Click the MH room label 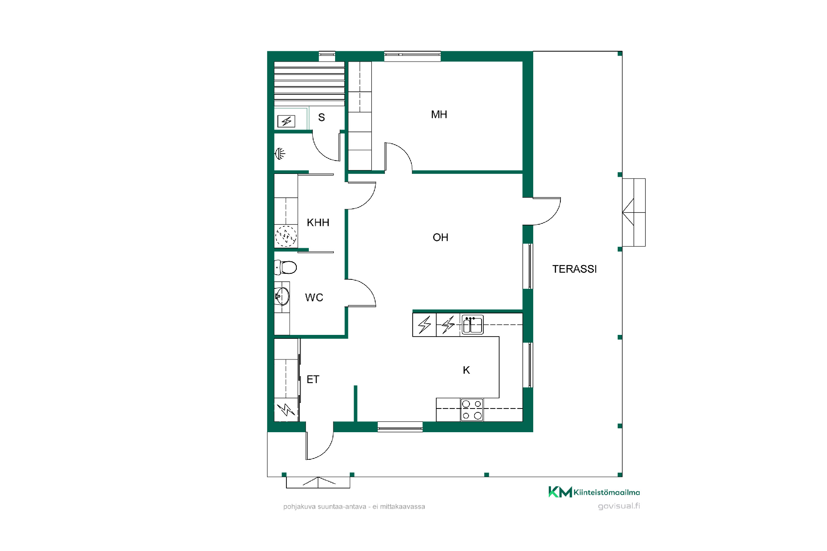point(439,115)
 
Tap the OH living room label point(440,238)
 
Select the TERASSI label point(575,269)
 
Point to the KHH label point(318,223)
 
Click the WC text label point(314,297)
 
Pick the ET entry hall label point(313,379)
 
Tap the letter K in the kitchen point(466,370)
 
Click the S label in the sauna point(321,118)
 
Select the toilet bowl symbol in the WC point(286,267)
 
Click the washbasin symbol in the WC point(282,296)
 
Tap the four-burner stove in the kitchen point(472,410)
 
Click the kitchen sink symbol point(473,325)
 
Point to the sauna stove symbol point(286,121)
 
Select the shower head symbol point(280,153)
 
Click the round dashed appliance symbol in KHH point(286,236)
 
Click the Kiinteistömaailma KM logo point(594,492)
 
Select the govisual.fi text point(619,506)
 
